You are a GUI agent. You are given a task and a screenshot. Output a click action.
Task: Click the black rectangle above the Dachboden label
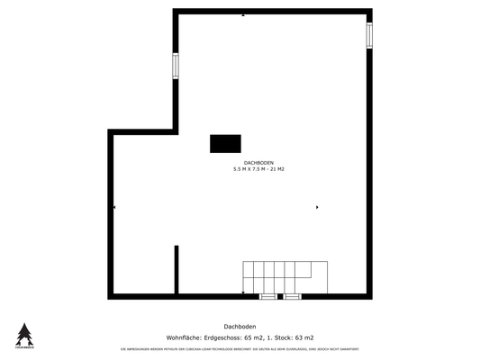pyautogui.click(x=226, y=144)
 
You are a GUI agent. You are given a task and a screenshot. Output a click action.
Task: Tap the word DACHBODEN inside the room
pyautogui.click(x=258, y=163)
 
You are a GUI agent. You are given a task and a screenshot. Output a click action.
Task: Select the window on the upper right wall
pyautogui.click(x=368, y=34)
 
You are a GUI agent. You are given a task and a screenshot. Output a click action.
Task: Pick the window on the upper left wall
pyautogui.click(x=176, y=66)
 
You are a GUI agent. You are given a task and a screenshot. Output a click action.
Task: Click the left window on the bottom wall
pyautogui.click(x=268, y=296)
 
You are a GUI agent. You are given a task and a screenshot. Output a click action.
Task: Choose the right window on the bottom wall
pyautogui.click(x=291, y=296)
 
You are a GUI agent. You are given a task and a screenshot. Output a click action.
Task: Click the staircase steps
pyautogui.click(x=285, y=274)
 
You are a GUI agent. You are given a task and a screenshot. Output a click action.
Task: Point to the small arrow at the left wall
pyautogui.click(x=114, y=208)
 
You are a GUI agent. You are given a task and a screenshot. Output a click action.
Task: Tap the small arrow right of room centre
pyautogui.click(x=317, y=208)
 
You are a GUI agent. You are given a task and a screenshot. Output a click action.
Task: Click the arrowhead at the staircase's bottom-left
pyautogui.click(x=243, y=291)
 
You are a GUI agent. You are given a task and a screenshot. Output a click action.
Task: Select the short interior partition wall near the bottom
pyautogui.click(x=177, y=269)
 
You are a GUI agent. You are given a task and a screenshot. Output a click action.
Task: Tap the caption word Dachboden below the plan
pyautogui.click(x=240, y=327)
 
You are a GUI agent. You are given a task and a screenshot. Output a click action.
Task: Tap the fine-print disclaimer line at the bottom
pyautogui.click(x=240, y=348)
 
